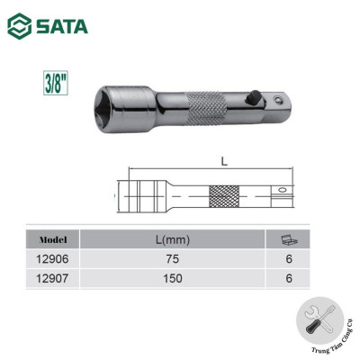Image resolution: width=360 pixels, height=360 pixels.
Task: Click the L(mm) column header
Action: pos(172,239)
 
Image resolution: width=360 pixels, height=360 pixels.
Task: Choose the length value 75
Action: pos(172,259)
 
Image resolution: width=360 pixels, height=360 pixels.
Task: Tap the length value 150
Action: pos(172,278)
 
